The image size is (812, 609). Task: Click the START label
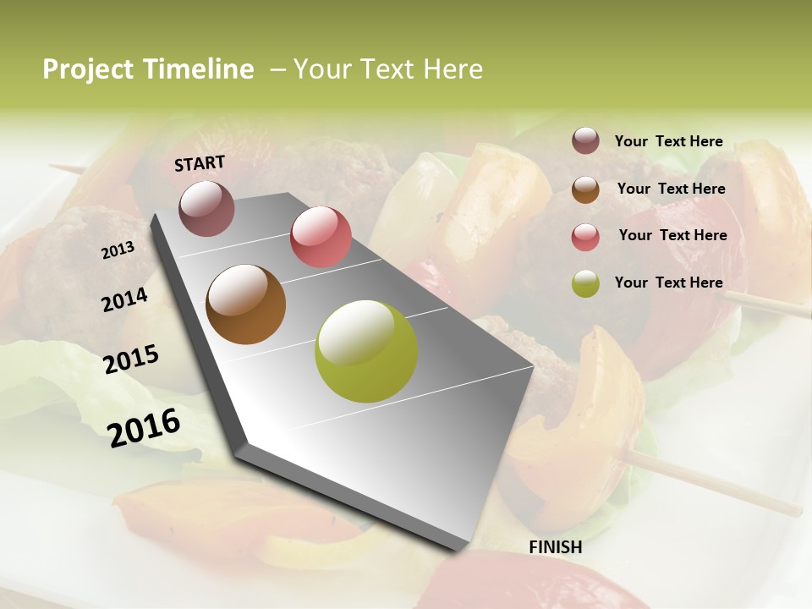pos(200,163)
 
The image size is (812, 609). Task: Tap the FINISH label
pos(556,547)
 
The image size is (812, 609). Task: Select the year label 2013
pos(118,250)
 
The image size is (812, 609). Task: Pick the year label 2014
pos(125,299)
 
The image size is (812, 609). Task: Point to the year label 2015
pos(131,359)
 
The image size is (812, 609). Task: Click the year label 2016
pos(144,427)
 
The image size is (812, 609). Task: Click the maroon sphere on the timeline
pos(206,208)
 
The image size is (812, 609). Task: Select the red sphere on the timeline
pos(321,237)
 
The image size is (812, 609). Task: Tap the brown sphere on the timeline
pos(246,304)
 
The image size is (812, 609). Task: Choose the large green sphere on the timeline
pos(366,351)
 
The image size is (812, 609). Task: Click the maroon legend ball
pos(585,141)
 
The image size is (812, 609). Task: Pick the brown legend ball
pos(585,189)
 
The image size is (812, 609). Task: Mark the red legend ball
pos(585,237)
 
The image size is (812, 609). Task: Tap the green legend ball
pos(585,283)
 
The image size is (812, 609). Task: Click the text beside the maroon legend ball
pos(669,141)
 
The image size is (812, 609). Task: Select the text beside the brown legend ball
pos(672,189)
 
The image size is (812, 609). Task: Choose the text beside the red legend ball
pos(673,235)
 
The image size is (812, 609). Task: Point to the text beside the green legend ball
pos(669,283)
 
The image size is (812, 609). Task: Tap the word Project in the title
pos(88,69)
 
